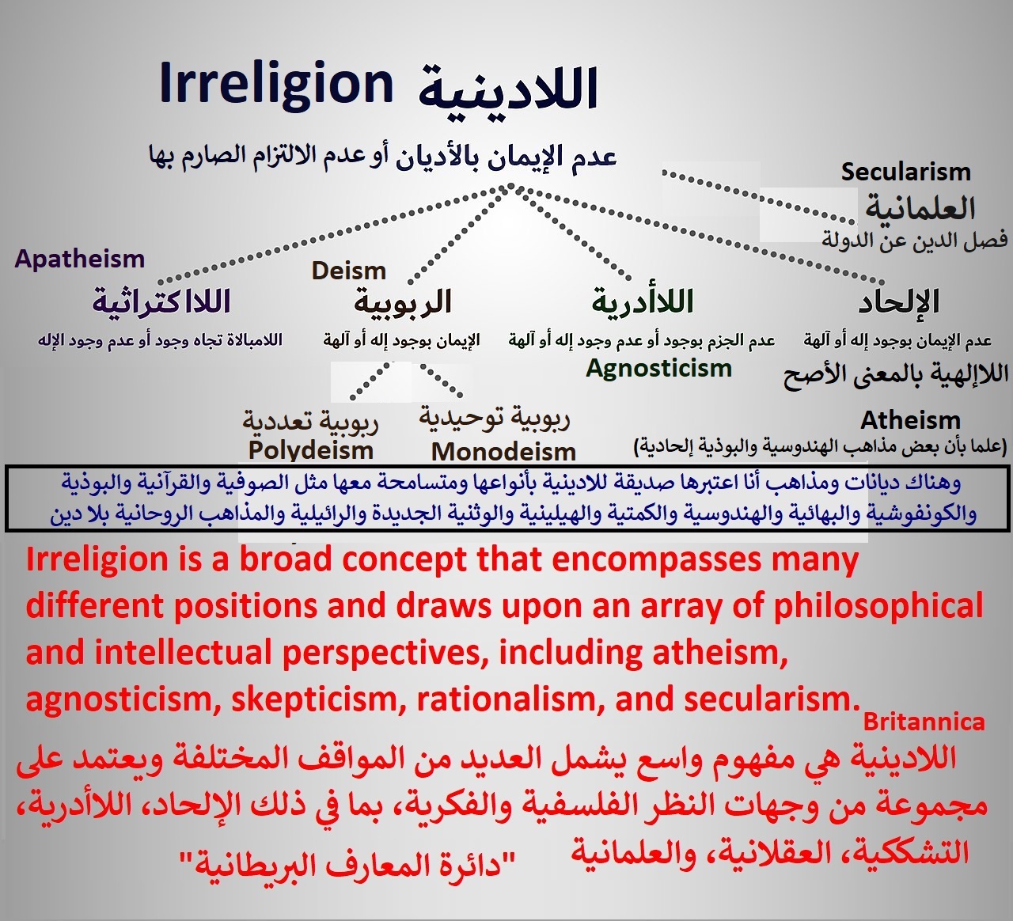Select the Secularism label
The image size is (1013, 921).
coord(906,172)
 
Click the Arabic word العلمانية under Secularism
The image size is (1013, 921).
coord(920,207)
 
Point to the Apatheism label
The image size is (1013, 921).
coord(80,259)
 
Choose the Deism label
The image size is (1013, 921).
coord(348,271)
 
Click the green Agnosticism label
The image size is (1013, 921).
coord(658,369)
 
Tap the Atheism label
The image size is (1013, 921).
coord(910,420)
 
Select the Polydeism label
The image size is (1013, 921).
coord(310,451)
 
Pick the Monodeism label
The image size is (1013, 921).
coord(503,452)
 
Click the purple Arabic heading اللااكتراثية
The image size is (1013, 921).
coord(161,301)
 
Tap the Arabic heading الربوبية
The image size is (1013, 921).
coord(402,302)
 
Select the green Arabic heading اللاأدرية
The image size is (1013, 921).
coord(643,301)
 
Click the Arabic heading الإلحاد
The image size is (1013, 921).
coord(898,301)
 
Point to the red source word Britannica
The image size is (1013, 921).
coord(924,722)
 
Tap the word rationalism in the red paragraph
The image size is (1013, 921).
coord(510,699)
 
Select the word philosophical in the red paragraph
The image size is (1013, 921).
coord(878,606)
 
